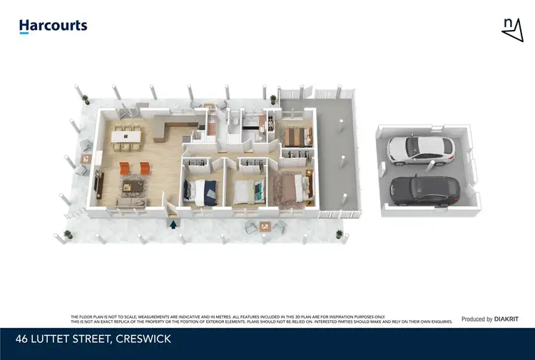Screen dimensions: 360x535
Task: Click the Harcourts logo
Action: [53, 26]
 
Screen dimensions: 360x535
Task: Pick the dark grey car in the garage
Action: [426, 187]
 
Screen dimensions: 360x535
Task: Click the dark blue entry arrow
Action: [173, 224]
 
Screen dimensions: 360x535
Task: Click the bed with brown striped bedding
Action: [293, 134]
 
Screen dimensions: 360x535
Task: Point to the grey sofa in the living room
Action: [128, 202]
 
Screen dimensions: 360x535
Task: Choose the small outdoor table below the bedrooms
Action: [265, 227]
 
